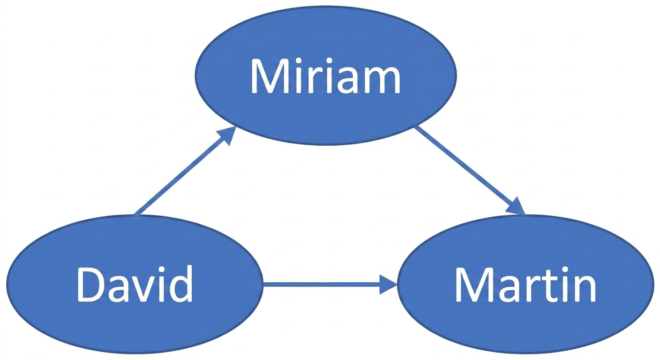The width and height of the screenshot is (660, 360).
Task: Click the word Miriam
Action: [326, 76]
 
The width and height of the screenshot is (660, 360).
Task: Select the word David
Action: [135, 284]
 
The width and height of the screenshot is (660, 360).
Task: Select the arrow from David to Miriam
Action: [185, 171]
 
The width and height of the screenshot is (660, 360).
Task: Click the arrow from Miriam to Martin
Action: [470, 170]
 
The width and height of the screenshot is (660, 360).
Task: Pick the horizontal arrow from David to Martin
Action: [330, 284]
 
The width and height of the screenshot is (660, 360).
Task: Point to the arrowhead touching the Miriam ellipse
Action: [227, 135]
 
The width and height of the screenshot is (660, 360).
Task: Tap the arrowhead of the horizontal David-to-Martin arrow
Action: [388, 284]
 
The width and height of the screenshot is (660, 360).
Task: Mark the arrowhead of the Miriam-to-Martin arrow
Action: [516, 206]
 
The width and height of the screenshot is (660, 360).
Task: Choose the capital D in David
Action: [92, 284]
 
